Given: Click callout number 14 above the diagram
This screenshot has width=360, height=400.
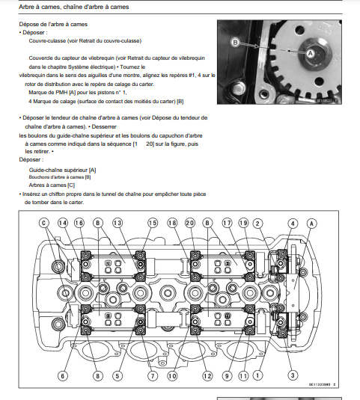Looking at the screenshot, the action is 63,223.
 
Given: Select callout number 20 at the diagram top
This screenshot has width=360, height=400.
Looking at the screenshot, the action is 189,224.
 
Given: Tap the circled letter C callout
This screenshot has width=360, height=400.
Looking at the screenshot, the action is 44,223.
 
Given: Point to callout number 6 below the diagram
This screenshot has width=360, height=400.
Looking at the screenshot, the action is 63,376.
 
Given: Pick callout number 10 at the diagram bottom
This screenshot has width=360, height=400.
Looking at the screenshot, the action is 172,376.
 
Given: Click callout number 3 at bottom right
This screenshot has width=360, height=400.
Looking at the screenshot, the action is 293,375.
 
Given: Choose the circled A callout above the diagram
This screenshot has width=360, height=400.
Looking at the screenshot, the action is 311,224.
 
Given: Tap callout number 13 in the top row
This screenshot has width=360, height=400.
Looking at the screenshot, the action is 118,223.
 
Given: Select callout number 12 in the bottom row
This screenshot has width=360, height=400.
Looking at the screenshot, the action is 207,376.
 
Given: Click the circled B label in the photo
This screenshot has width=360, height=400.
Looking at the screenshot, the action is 236,43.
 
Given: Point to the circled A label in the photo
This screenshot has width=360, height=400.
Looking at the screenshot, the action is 310,54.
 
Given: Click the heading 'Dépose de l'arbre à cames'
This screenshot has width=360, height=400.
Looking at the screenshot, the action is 53,24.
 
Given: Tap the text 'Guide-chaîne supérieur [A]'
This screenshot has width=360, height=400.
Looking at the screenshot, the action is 63,170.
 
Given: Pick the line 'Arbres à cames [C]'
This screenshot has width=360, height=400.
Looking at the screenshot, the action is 52,185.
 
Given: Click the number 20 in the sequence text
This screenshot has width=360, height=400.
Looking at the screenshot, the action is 150,144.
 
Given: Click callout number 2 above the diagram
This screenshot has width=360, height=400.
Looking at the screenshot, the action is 257,224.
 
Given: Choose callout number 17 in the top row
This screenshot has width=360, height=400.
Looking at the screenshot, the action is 227,224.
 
